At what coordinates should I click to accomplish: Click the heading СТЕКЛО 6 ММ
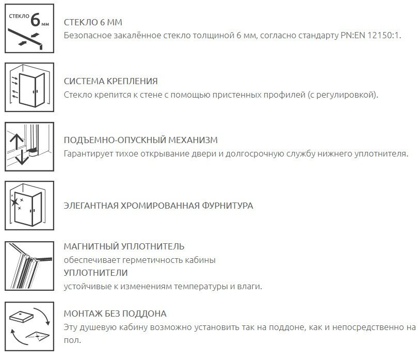[x=93, y=23]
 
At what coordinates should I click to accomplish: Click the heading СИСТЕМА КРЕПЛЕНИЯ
[x=111, y=82]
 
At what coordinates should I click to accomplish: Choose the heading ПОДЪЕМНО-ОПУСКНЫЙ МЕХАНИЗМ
[x=140, y=140]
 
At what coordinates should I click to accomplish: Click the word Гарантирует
[x=88, y=154]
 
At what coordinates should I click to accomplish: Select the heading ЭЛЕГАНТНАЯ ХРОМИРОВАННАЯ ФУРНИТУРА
[x=158, y=206]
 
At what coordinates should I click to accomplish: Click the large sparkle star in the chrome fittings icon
[x=16, y=199]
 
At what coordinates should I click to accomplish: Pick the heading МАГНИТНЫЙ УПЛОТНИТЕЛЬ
[x=124, y=246]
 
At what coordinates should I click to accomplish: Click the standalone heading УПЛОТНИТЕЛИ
[x=95, y=273]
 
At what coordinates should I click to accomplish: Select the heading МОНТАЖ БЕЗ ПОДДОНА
[x=115, y=314]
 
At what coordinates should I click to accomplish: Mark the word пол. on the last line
[x=73, y=340]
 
